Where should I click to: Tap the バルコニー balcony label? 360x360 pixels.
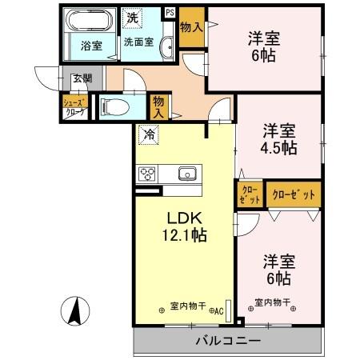[228, 341]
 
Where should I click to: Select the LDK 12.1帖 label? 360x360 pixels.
[186, 226]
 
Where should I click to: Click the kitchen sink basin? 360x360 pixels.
[186, 173]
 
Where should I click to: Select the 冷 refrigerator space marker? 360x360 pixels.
[148, 134]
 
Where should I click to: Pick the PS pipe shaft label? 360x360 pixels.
[170, 11]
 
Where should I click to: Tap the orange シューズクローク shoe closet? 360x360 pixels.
[74, 106]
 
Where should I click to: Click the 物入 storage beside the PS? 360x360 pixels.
[190, 23]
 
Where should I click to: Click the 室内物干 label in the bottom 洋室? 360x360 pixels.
[272, 303]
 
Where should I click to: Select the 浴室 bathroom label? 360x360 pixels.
[90, 46]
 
